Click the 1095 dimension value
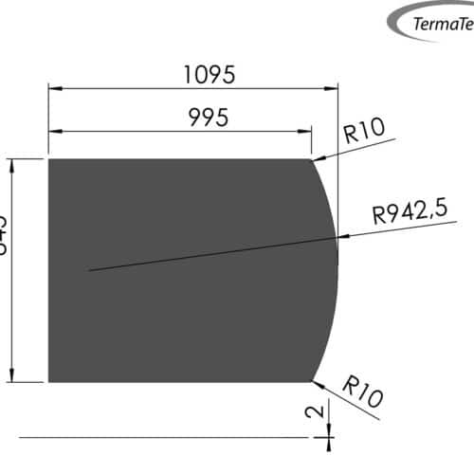[210, 73]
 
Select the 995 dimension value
[210, 118]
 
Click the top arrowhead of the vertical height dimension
[12, 164]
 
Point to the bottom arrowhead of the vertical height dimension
[12, 377]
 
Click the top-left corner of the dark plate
[48, 159]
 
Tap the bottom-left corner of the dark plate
[48, 382]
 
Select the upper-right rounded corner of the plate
[312, 160]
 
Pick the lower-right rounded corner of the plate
[312, 381]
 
